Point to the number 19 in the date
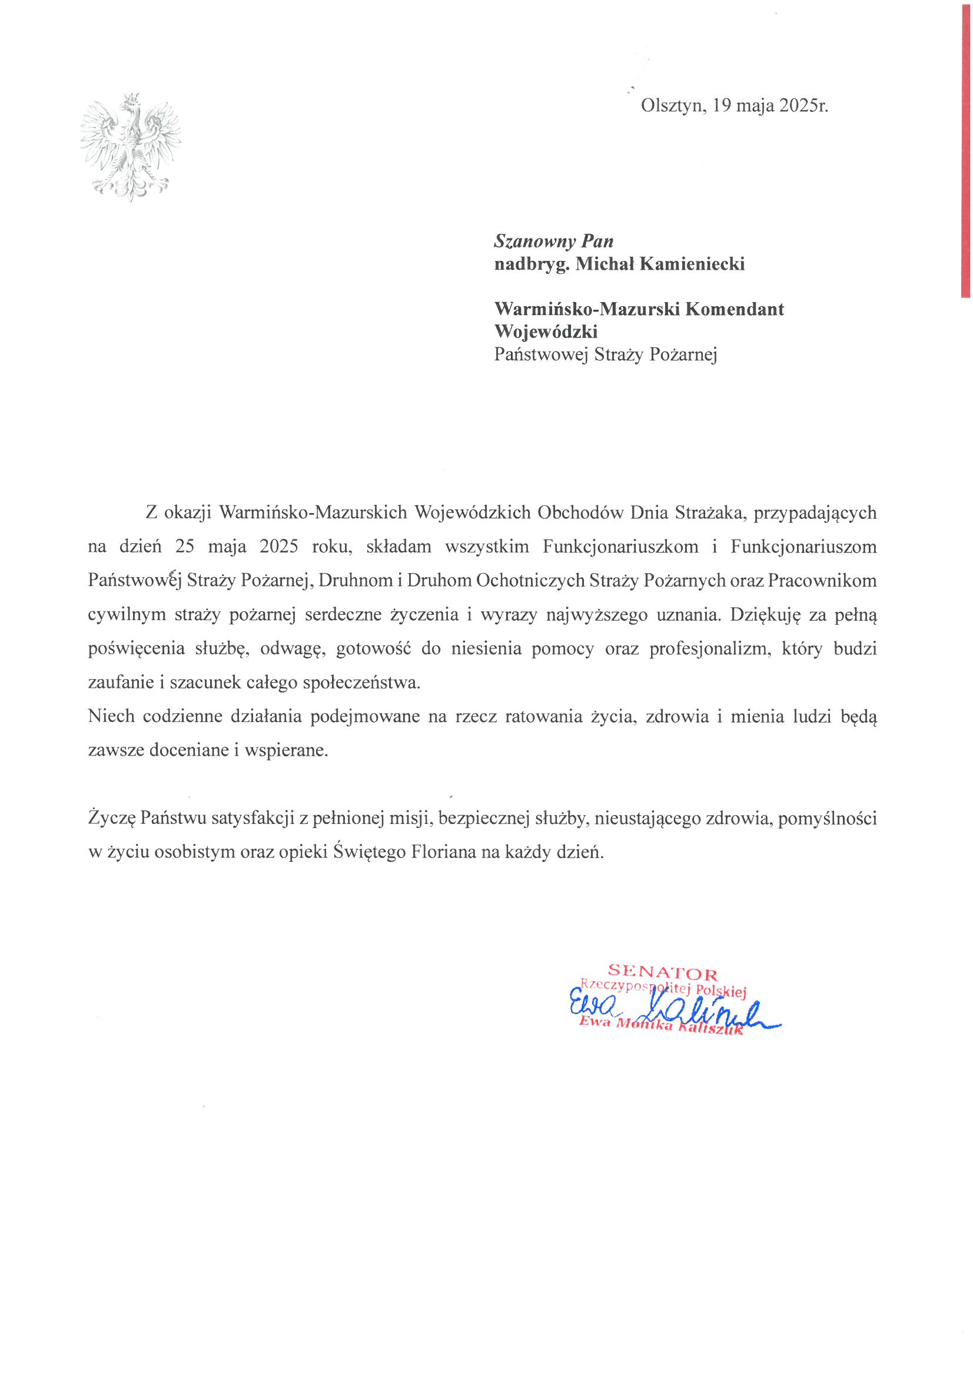pos(722,105)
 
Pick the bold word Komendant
pos(734,309)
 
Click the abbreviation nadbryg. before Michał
pos(531,264)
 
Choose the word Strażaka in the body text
pos(709,512)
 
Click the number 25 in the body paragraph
pos(185,547)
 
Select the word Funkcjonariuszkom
pos(620,547)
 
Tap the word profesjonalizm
pos(710,649)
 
